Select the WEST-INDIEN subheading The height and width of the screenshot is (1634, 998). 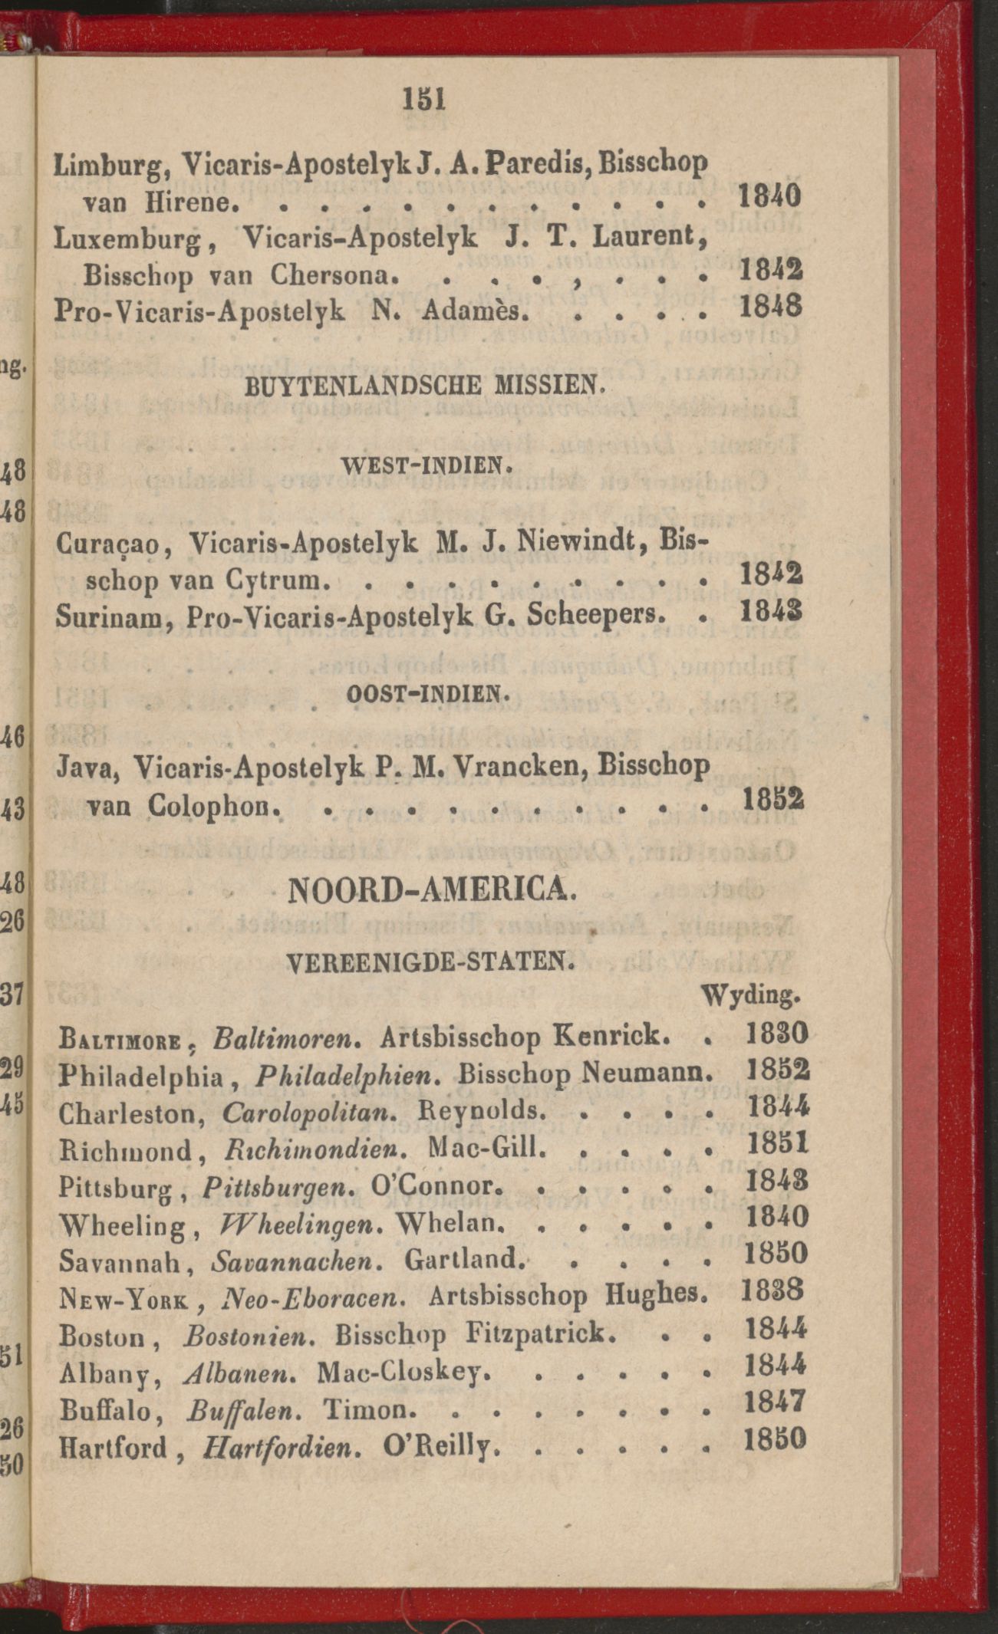pyautogui.click(x=425, y=464)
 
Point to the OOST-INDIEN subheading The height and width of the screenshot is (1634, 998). pyautogui.click(x=427, y=695)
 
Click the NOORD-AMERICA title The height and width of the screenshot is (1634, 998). pyautogui.click(x=430, y=890)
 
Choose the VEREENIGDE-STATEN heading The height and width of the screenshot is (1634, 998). pyautogui.click(x=430, y=960)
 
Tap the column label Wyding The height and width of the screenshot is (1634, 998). pyautogui.click(x=751, y=997)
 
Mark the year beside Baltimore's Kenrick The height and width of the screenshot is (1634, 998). pyautogui.click(x=776, y=1034)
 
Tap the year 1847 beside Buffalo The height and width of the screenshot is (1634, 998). pyautogui.click(x=776, y=1402)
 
